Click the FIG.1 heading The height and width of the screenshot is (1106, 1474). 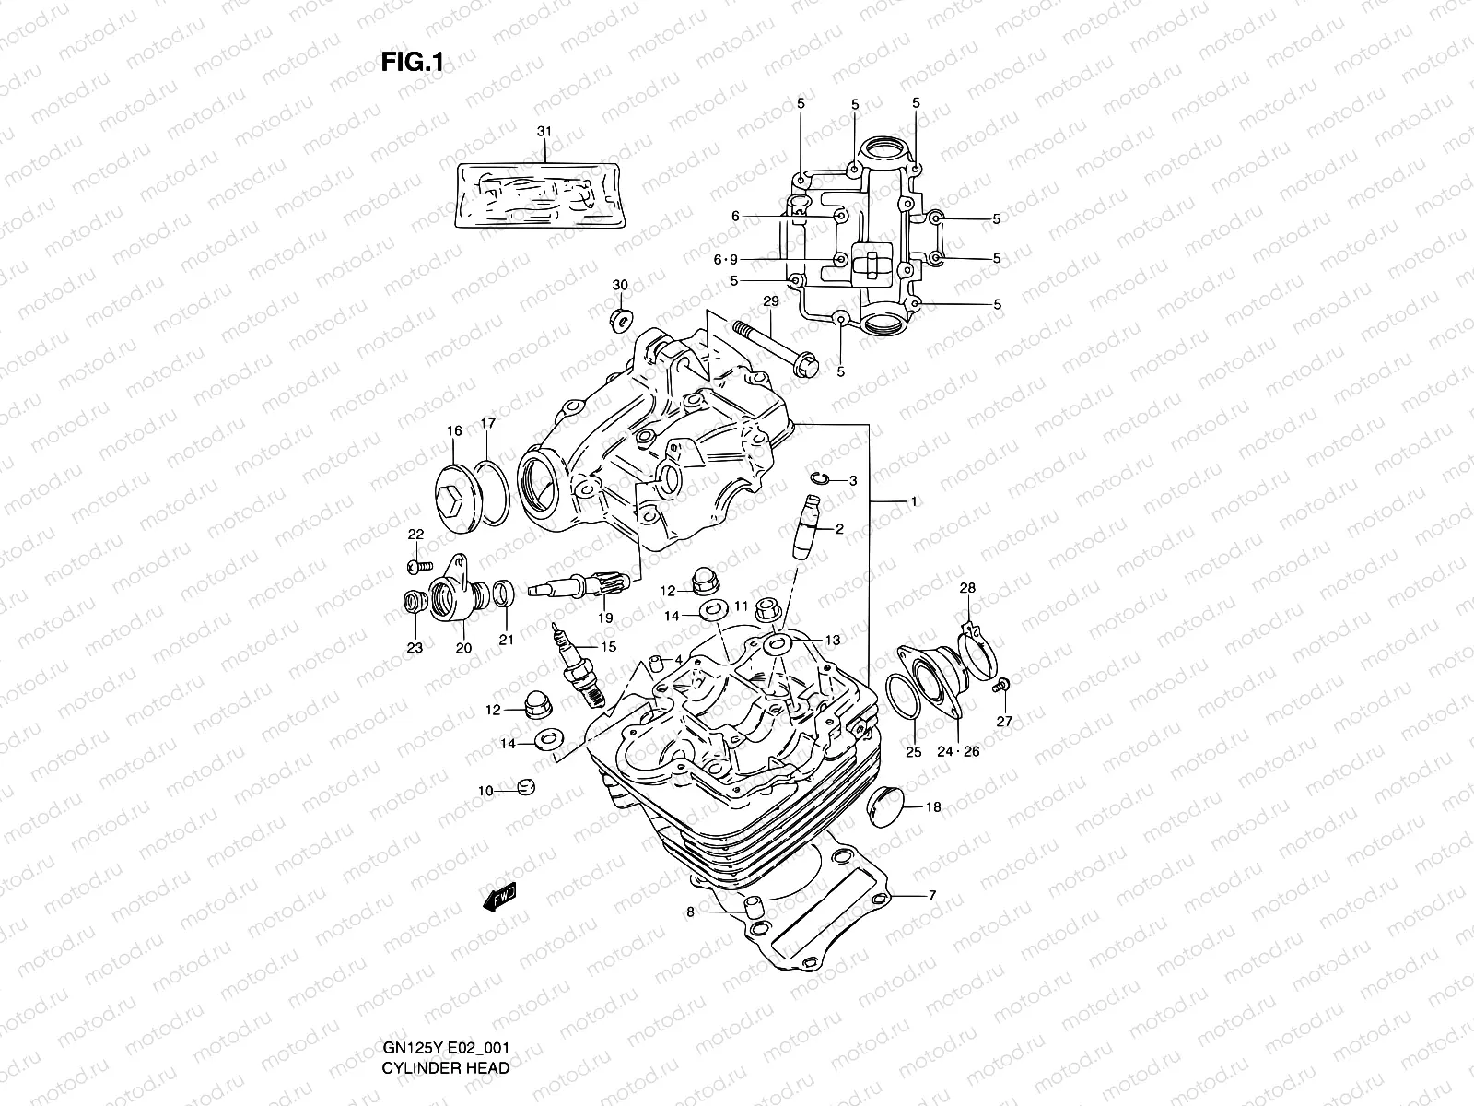pos(413,62)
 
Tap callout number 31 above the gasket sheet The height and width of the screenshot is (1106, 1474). pos(544,132)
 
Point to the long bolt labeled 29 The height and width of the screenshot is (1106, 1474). pos(774,351)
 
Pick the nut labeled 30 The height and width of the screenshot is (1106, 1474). pos(619,320)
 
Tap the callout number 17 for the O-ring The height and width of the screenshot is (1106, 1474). pos(488,424)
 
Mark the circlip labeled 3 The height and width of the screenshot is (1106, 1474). pos(822,478)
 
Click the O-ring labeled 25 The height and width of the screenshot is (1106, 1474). pos(903,700)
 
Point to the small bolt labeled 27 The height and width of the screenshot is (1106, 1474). pos(1001,685)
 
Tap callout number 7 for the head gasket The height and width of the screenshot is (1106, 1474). pos(931,895)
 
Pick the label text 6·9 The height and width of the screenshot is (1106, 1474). pos(725,260)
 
